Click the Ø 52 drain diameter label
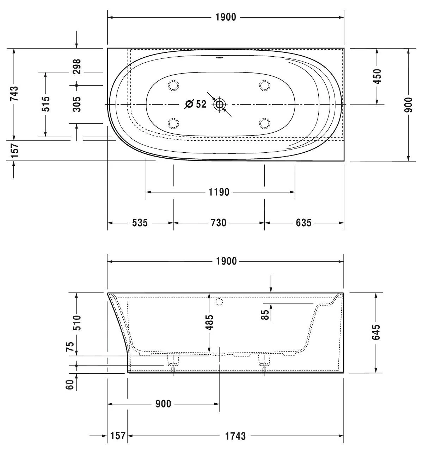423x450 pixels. (x=196, y=104)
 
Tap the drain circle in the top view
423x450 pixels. (x=219, y=104)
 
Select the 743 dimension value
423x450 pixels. (x=14, y=94)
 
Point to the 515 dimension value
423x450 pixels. (x=45, y=104)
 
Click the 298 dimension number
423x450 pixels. (x=77, y=66)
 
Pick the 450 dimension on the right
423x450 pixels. (x=377, y=76)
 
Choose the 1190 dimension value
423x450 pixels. (x=219, y=192)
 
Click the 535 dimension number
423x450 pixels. (x=140, y=223)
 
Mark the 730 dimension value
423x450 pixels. (x=219, y=223)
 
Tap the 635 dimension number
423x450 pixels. (x=304, y=223)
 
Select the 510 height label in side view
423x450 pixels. (x=77, y=322)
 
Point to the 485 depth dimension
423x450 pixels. (x=209, y=322)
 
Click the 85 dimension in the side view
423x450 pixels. (x=266, y=312)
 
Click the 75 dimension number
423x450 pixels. (x=71, y=347)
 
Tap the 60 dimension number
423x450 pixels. (x=71, y=384)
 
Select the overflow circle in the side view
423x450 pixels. (x=219, y=301)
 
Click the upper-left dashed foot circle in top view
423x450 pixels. (x=173, y=85)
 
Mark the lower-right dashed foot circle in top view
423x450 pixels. (x=265, y=123)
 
